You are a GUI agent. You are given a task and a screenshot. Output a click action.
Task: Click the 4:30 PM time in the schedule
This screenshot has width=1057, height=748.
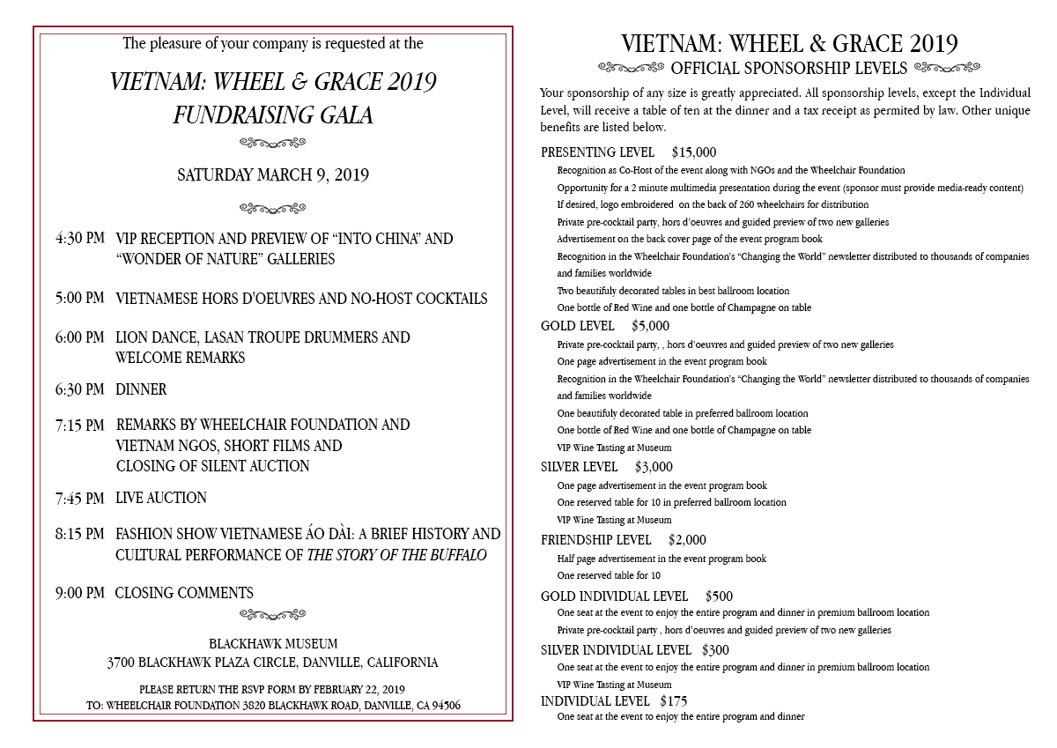pyautogui.click(x=79, y=239)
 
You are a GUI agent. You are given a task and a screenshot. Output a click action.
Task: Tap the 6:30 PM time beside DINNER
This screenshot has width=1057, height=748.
pyautogui.click(x=79, y=389)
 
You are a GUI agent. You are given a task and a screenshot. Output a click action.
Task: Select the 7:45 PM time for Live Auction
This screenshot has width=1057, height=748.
pyautogui.click(x=79, y=499)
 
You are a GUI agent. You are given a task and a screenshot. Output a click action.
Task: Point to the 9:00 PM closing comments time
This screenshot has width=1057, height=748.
pyautogui.click(x=79, y=593)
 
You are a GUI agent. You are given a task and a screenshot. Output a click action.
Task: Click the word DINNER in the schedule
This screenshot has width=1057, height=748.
pyautogui.click(x=141, y=389)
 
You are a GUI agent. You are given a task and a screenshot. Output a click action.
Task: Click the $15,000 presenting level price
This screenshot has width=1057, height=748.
pyautogui.click(x=693, y=152)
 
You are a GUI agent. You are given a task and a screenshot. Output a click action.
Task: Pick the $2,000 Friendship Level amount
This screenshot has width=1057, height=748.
pyautogui.click(x=687, y=540)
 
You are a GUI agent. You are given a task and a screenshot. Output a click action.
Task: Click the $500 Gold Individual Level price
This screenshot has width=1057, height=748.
pyautogui.click(x=719, y=596)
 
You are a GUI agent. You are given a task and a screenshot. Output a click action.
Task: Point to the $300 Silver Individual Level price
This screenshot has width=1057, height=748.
pyautogui.click(x=715, y=650)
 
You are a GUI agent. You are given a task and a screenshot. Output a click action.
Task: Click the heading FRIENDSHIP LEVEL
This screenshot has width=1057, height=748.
pyautogui.click(x=595, y=540)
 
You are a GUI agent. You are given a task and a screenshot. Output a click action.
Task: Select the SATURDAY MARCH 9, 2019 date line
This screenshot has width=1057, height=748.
pyautogui.click(x=273, y=175)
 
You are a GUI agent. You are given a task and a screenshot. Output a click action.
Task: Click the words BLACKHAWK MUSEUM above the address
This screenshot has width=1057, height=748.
pyautogui.click(x=273, y=644)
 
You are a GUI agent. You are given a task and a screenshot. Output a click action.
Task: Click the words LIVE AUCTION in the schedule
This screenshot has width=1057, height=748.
pyautogui.click(x=161, y=499)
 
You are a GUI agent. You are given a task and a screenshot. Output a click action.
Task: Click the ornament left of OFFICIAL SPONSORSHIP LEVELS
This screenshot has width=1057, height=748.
pyautogui.click(x=631, y=67)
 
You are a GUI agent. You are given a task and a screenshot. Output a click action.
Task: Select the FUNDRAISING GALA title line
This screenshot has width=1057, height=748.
pyautogui.click(x=273, y=115)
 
